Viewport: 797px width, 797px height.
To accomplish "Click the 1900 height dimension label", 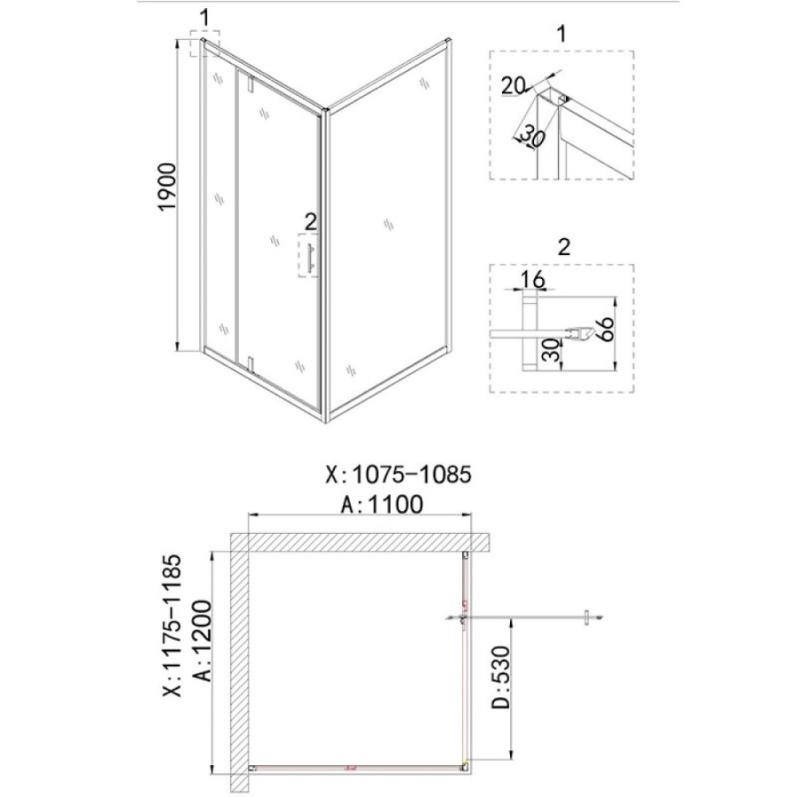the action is tap(167, 186).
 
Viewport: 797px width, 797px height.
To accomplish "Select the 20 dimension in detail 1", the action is tap(513, 85).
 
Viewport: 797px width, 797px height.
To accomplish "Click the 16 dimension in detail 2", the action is tap(532, 279).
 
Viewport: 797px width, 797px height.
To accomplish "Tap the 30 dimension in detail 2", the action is tap(552, 350).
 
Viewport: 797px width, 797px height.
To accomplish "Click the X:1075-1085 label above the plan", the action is tap(398, 475).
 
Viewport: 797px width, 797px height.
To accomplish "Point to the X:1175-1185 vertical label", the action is tap(172, 625).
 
